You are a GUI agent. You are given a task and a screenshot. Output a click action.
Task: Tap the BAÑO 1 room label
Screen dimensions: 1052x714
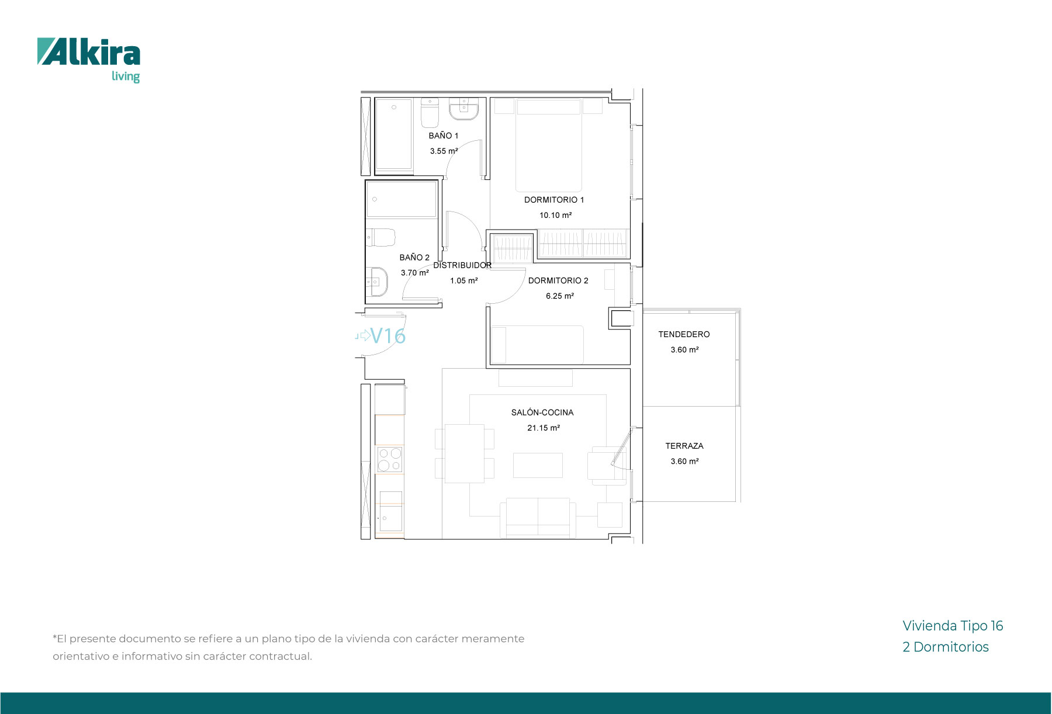coord(444,136)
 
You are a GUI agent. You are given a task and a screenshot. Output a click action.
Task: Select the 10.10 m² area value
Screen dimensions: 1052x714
coord(555,215)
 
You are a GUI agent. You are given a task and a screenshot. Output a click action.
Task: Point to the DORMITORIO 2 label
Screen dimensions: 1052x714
coord(558,280)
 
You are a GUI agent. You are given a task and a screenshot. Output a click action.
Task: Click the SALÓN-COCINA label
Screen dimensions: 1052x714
coord(542,413)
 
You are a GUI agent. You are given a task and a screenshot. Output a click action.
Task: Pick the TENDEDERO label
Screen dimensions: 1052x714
coord(684,334)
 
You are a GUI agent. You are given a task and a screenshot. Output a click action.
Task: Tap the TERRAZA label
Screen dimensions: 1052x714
coord(684,446)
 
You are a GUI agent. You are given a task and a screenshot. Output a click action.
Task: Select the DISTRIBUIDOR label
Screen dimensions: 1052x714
coord(462,265)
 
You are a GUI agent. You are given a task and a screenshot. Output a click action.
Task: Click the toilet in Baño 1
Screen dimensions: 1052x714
coord(430,113)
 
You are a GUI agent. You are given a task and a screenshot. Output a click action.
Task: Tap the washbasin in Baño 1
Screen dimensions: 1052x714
coord(463,109)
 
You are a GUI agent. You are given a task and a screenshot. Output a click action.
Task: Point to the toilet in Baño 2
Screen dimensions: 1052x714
coord(380,238)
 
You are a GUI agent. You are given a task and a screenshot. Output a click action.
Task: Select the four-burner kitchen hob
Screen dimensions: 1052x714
coord(390,459)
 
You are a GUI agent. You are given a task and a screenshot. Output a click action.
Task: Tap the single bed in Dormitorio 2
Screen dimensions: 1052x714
coord(537,345)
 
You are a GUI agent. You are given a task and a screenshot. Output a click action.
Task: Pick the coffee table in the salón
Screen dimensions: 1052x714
coord(538,465)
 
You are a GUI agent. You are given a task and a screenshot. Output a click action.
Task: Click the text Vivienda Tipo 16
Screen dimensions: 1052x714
coord(953,626)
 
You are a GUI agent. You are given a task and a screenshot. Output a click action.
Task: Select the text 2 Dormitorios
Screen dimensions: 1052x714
coord(946,647)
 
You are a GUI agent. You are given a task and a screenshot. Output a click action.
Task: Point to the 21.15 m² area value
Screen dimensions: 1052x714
coord(544,428)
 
